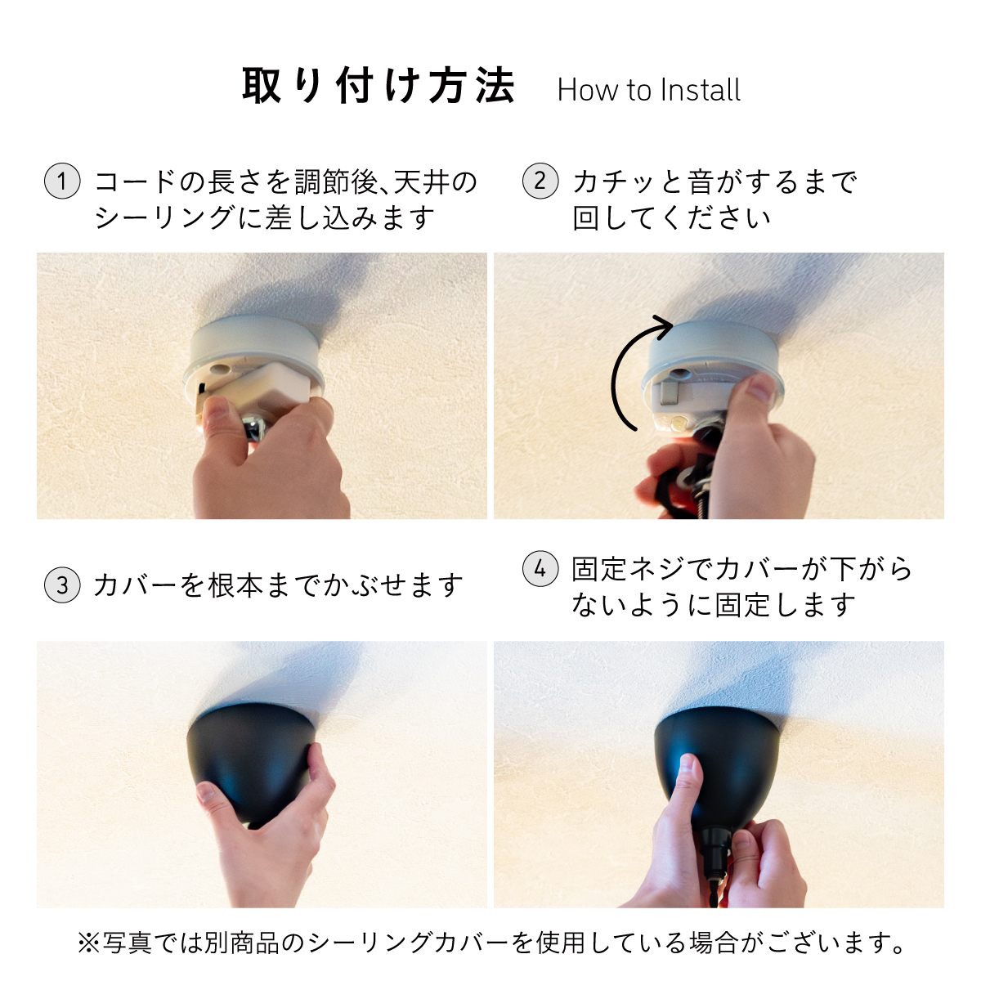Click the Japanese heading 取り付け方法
click(379, 86)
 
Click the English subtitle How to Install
click(648, 90)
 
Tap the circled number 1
click(62, 181)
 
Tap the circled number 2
click(540, 181)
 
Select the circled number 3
click(62, 585)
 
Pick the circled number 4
click(540, 568)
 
